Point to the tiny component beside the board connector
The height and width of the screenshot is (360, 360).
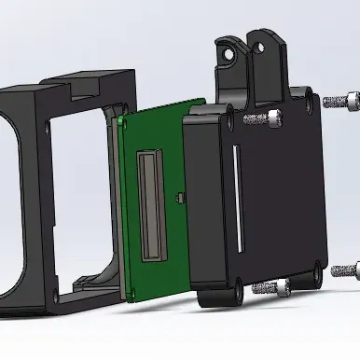[177, 196]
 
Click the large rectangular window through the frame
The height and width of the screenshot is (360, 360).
[75, 187]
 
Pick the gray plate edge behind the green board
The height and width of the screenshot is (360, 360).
[117, 205]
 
